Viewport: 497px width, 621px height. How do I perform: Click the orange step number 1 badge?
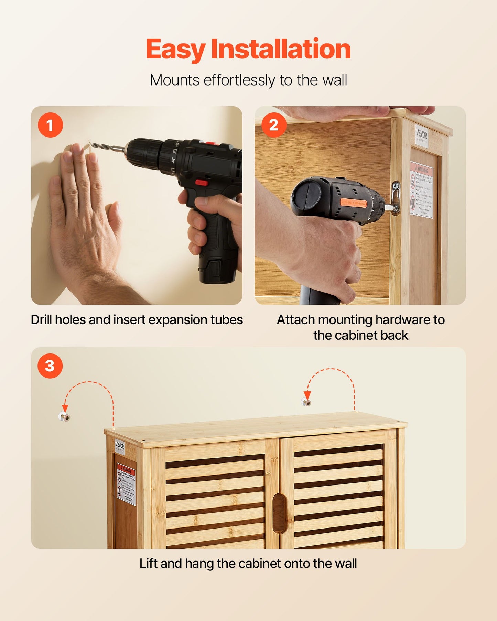coord(50,125)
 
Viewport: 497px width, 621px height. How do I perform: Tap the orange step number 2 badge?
coord(274,125)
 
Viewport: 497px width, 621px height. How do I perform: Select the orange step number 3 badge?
coord(50,366)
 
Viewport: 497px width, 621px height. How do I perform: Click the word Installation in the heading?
coord(281,49)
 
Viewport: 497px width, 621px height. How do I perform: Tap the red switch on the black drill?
coord(202,183)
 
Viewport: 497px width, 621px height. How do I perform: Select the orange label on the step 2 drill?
coord(354,203)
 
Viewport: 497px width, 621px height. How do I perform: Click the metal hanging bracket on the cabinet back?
coord(396,197)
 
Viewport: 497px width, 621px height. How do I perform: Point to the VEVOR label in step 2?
coord(422,135)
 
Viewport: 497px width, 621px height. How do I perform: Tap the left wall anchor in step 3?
coord(64,417)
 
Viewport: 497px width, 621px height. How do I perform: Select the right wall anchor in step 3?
coord(306,402)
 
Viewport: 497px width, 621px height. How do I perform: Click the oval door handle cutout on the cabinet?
coord(279,514)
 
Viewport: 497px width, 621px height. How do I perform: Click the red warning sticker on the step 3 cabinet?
coord(126,483)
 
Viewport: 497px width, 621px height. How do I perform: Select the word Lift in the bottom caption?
coord(149,564)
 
